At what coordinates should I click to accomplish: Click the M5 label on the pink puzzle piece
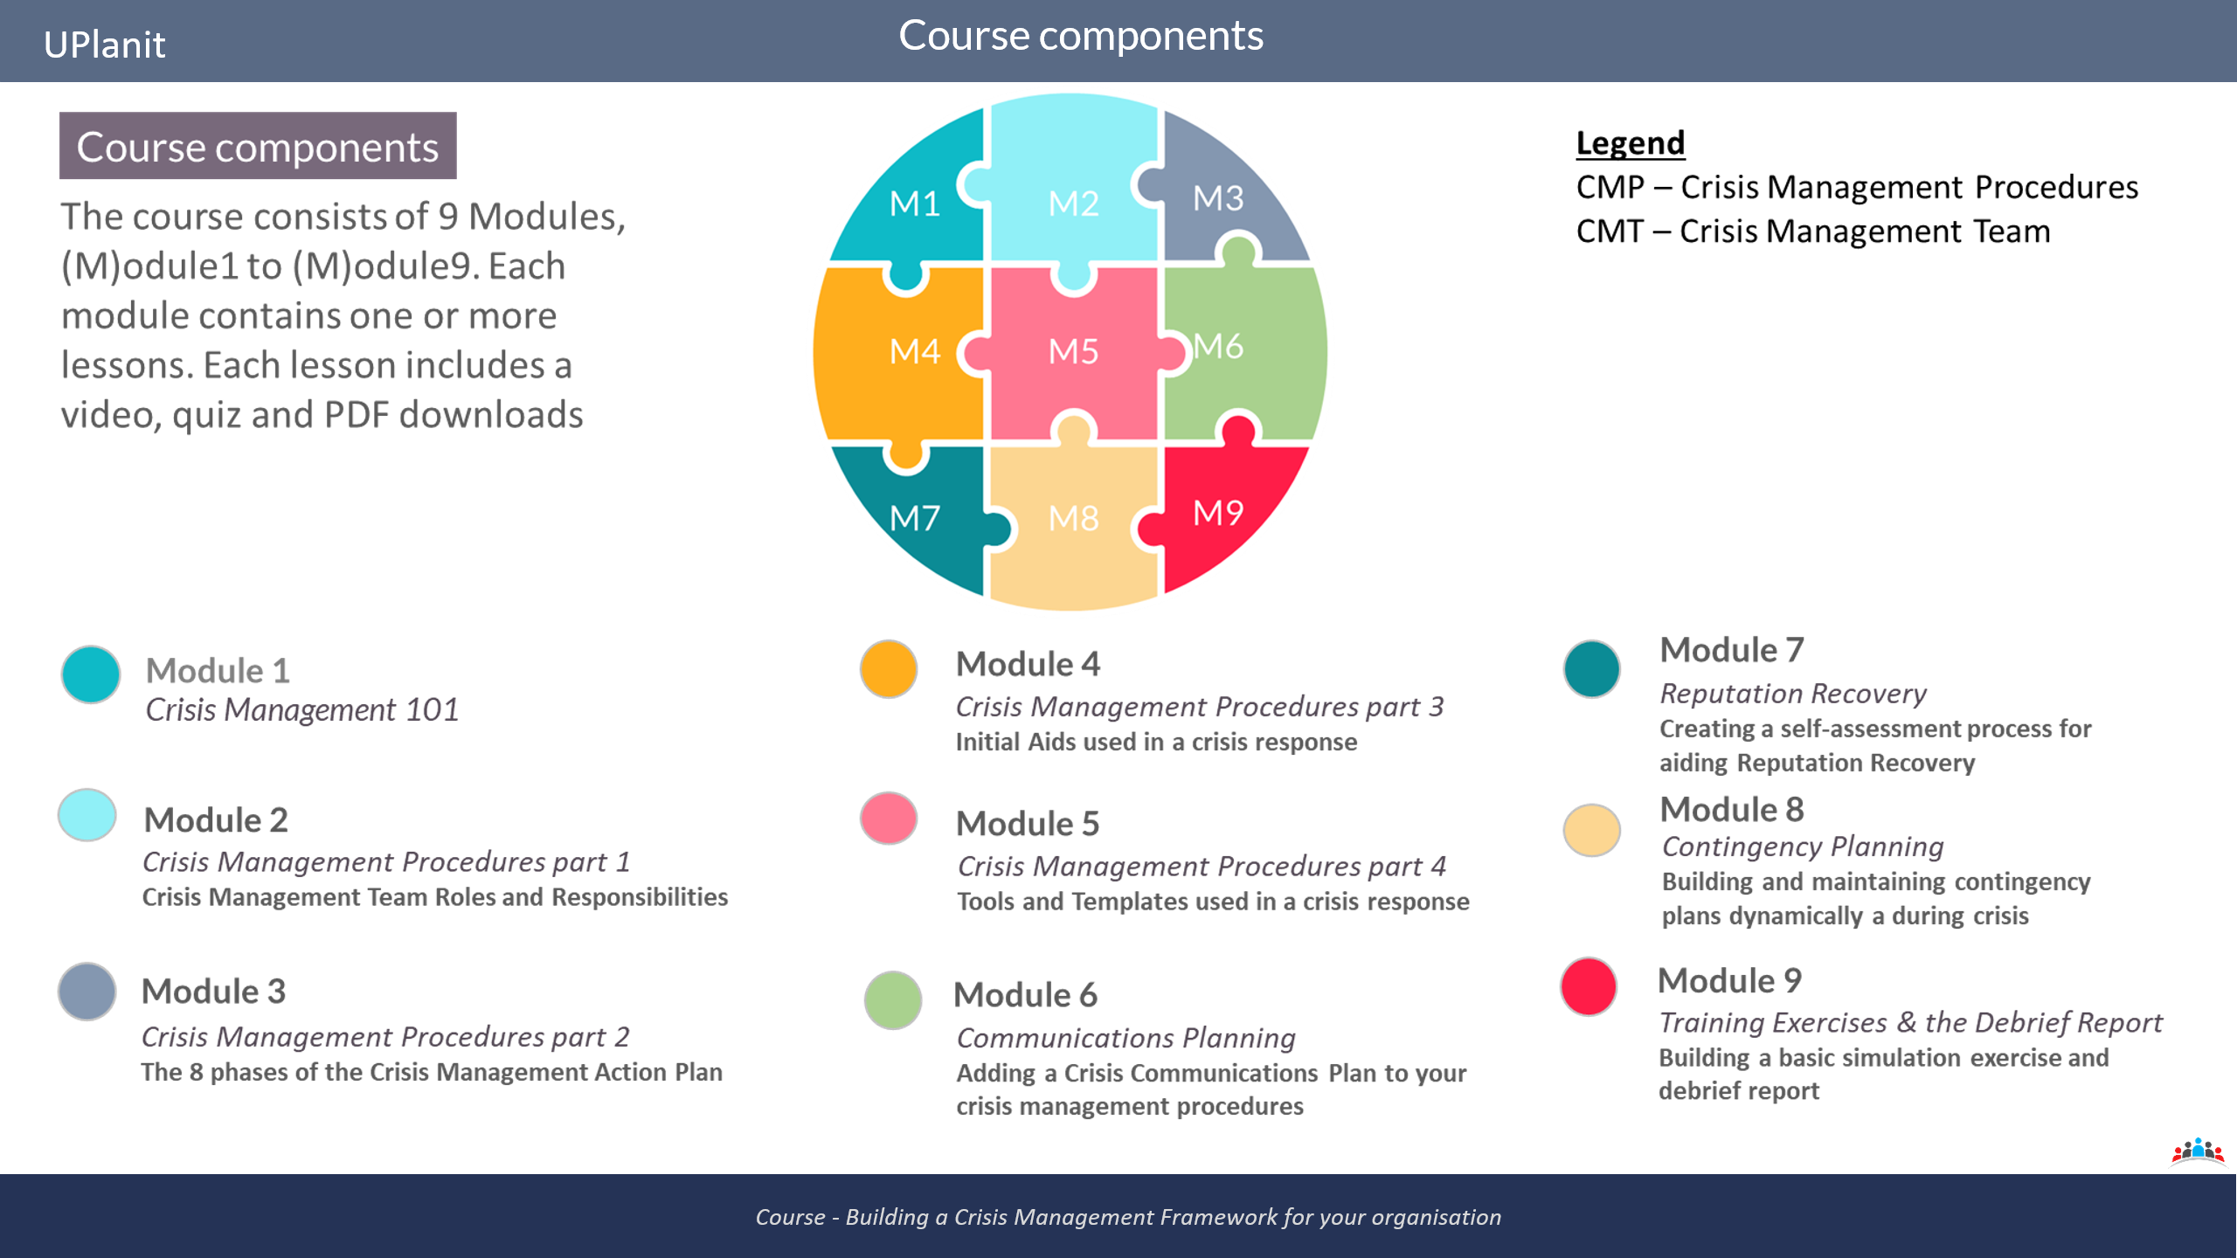(x=1073, y=351)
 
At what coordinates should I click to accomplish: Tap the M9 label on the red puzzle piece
(x=1218, y=513)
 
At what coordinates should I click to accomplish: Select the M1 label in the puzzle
(x=914, y=204)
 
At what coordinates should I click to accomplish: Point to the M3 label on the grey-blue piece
(x=1218, y=198)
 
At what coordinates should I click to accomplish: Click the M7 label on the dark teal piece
(x=914, y=518)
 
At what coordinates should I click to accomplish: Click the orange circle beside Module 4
(x=889, y=669)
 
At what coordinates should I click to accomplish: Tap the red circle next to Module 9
(x=1589, y=986)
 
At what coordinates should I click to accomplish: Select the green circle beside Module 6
(x=892, y=999)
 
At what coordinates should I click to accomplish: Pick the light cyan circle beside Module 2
(x=87, y=815)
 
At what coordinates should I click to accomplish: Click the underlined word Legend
(x=1631, y=143)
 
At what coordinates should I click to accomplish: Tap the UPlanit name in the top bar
(x=104, y=45)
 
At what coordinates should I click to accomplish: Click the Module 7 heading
(x=1732, y=650)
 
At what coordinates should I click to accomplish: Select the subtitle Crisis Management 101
(x=301, y=710)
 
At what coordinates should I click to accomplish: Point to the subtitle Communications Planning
(x=1126, y=1038)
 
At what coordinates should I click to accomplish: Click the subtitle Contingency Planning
(x=1803, y=847)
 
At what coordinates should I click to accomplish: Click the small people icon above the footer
(x=2198, y=1151)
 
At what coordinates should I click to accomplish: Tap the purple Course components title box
(x=258, y=146)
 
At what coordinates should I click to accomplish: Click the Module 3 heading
(x=214, y=992)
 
